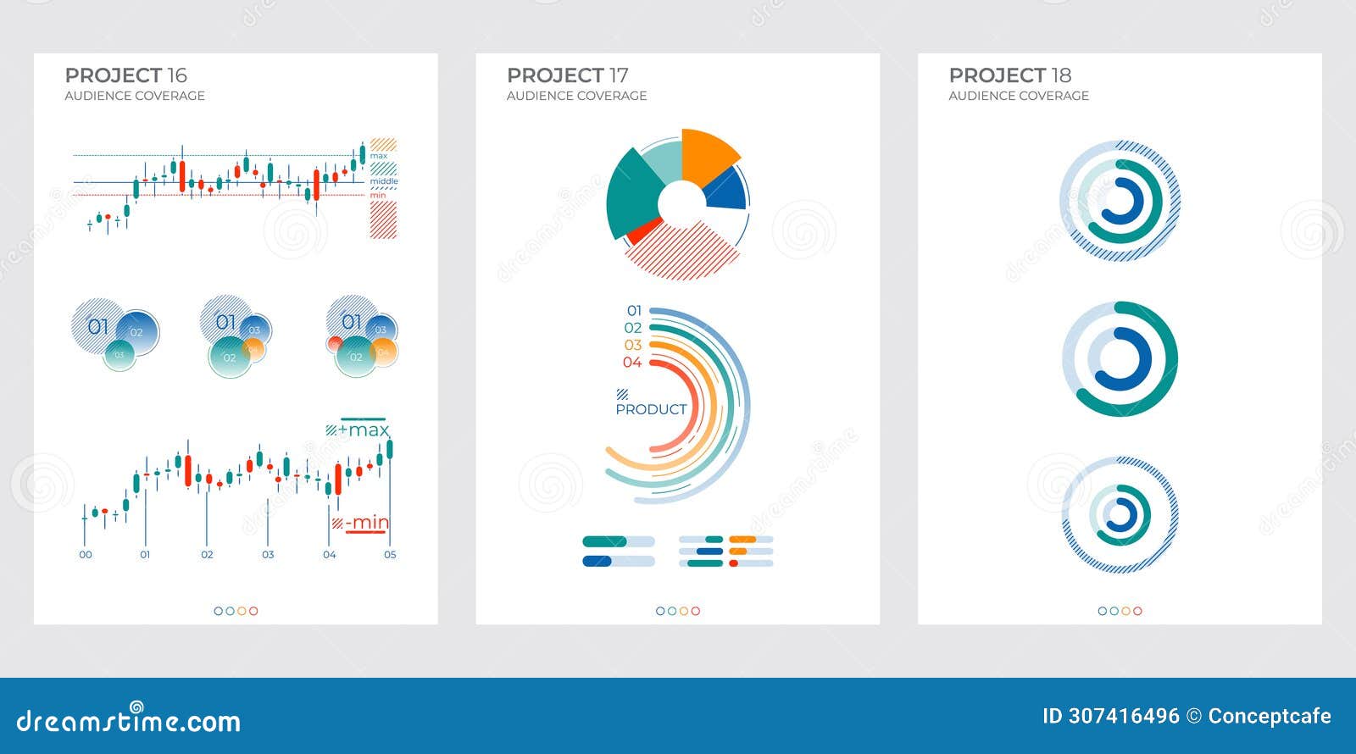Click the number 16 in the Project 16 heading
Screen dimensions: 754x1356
click(x=176, y=75)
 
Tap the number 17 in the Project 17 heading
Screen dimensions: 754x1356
click(x=618, y=75)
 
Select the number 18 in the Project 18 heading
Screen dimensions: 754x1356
click(x=1060, y=75)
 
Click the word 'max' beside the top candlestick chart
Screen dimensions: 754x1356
click(x=379, y=156)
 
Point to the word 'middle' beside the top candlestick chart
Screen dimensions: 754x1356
click(x=384, y=181)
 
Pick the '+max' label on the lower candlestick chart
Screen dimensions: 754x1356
click(x=364, y=430)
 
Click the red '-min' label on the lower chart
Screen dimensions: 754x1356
click(x=367, y=523)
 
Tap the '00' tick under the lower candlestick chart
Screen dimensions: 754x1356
click(x=86, y=555)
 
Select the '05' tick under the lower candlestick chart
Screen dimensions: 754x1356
click(x=390, y=555)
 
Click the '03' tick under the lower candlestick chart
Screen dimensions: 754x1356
click(x=268, y=555)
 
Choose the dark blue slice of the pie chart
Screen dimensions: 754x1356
click(x=727, y=191)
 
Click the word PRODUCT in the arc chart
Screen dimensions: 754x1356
click(x=651, y=409)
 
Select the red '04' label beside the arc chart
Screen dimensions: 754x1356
click(x=632, y=363)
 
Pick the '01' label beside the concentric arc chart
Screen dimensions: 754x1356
click(x=634, y=311)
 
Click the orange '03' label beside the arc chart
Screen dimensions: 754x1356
click(x=633, y=346)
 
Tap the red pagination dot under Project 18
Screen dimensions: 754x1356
click(x=1137, y=611)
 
